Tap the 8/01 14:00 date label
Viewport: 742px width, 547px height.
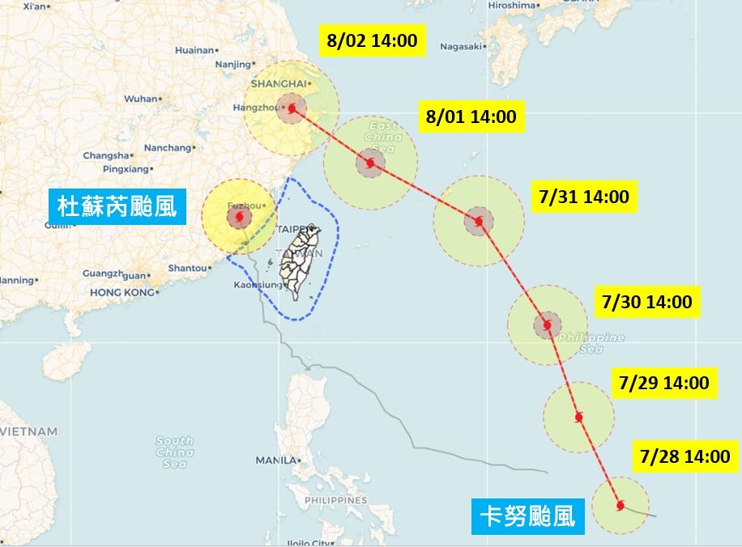click(x=471, y=117)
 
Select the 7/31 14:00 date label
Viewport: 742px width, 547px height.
click(x=582, y=197)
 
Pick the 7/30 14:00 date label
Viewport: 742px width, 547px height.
click(x=647, y=302)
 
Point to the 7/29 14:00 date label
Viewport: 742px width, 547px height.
click(x=663, y=383)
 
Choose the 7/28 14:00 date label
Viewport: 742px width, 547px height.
click(x=684, y=456)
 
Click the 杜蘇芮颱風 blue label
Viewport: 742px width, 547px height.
click(x=117, y=207)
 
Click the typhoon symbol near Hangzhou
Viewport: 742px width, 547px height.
click(x=292, y=107)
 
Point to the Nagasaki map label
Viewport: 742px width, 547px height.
click(x=461, y=46)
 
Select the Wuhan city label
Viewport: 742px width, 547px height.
click(x=141, y=99)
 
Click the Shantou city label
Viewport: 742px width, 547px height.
click(x=187, y=268)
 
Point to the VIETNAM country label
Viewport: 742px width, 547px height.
click(x=28, y=432)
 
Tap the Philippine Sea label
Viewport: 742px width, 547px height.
click(x=592, y=343)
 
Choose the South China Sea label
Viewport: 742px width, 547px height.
click(x=175, y=452)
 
